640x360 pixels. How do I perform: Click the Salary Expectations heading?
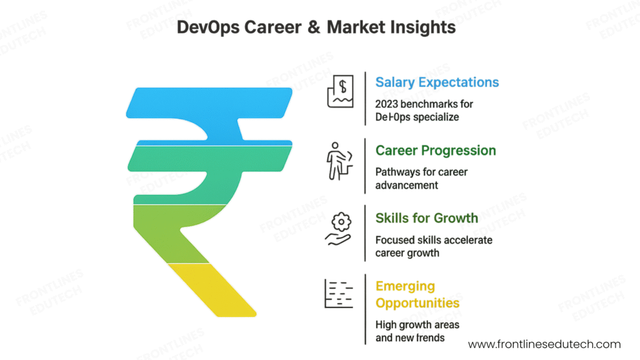[x=437, y=82]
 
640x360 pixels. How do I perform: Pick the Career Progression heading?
[x=436, y=151]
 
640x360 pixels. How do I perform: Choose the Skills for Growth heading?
[x=426, y=218]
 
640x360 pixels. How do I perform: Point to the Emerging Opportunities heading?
[x=417, y=294]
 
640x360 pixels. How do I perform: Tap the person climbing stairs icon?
[x=339, y=161]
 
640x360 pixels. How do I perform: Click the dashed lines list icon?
[x=338, y=294]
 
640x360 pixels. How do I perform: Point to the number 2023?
[x=388, y=104]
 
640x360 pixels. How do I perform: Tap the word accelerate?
[x=467, y=240]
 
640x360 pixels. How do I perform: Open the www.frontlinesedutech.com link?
[x=544, y=344]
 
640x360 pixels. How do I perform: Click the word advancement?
[x=406, y=185]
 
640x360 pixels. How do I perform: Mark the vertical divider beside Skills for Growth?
[x=365, y=232]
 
